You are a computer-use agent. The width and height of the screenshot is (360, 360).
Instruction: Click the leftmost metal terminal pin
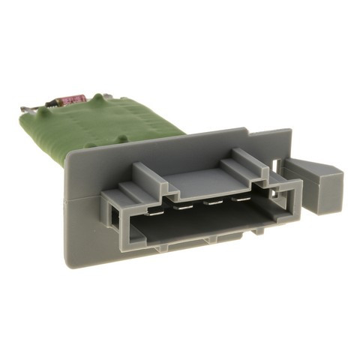tap(153, 212)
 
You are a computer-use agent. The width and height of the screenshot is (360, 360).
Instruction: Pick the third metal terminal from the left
tap(213, 201)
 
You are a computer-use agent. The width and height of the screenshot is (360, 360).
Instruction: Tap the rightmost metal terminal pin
tap(241, 199)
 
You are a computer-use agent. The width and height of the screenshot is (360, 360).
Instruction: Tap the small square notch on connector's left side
tap(112, 217)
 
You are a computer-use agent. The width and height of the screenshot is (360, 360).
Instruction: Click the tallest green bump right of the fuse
tap(97, 98)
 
